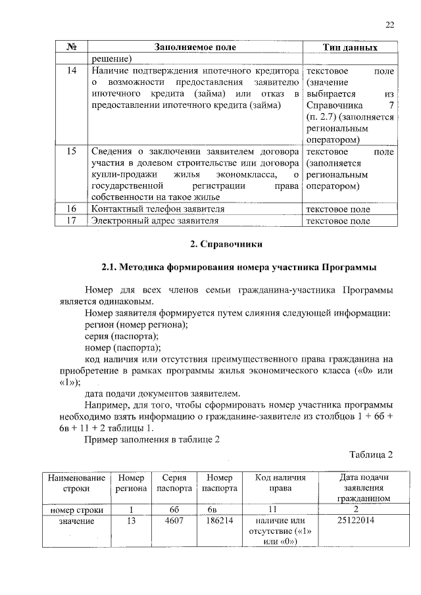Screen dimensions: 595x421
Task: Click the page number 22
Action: (x=389, y=25)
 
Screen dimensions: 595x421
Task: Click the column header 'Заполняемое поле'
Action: (x=195, y=48)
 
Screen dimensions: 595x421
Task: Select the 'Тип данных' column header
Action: (x=350, y=48)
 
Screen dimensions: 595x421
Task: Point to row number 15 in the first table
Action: (x=72, y=151)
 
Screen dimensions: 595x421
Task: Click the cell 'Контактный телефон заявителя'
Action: (x=158, y=209)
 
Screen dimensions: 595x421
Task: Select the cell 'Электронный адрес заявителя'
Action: (x=155, y=221)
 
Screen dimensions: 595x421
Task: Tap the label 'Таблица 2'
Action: (x=370, y=454)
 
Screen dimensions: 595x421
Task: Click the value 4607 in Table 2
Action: (x=174, y=521)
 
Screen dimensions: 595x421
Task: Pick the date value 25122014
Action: (x=356, y=521)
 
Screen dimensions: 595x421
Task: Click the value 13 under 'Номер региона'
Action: (x=132, y=521)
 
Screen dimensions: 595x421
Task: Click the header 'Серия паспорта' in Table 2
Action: (x=174, y=483)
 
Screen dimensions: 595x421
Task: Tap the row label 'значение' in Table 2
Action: (x=76, y=521)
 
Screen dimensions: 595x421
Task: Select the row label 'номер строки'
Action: (x=76, y=509)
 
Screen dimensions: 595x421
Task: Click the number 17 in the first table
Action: (x=72, y=221)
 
